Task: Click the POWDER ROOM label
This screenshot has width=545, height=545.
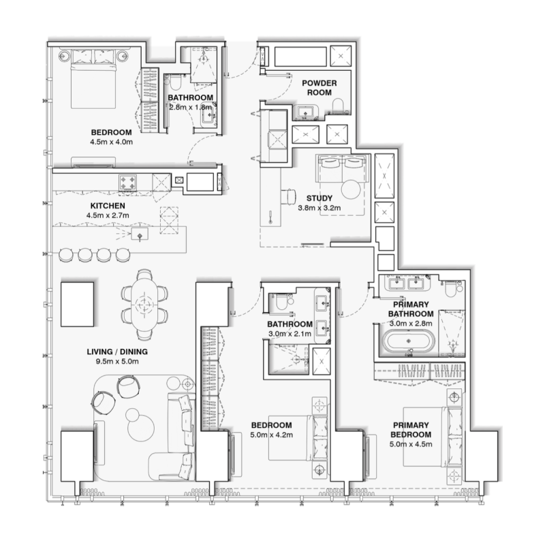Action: click(x=316, y=87)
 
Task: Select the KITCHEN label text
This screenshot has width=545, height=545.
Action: click(x=108, y=205)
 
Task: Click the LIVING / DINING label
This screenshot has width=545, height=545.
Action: click(x=117, y=352)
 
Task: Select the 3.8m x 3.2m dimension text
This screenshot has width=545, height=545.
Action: click(x=320, y=209)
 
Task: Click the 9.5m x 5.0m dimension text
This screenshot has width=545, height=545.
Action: click(x=117, y=362)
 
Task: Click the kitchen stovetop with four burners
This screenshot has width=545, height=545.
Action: click(x=129, y=182)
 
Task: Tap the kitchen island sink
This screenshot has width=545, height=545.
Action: click(x=140, y=236)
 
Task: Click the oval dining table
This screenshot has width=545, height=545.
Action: click(x=144, y=304)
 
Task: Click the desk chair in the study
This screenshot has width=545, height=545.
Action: click(x=289, y=197)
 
